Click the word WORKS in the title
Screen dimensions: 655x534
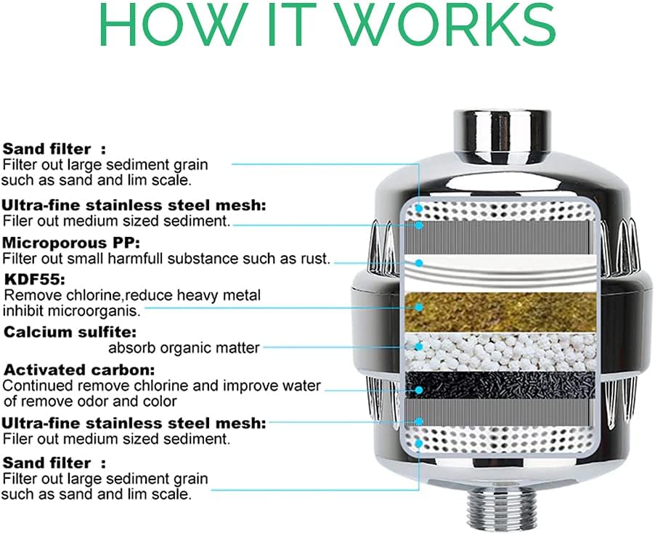click(446, 25)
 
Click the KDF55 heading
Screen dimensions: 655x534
click(35, 279)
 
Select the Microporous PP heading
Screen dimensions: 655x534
click(71, 243)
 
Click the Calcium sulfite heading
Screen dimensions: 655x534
click(70, 332)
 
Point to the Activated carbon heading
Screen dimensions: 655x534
click(79, 370)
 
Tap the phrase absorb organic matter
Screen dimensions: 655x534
click(184, 347)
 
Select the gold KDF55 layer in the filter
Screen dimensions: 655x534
click(500, 312)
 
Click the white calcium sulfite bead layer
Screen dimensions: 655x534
click(500, 352)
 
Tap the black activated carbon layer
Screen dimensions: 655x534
click(500, 384)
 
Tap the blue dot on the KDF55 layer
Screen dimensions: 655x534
click(419, 307)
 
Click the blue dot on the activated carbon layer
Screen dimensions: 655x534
click(419, 390)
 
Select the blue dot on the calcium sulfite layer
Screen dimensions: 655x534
click(419, 347)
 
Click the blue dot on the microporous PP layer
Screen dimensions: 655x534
click(419, 263)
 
